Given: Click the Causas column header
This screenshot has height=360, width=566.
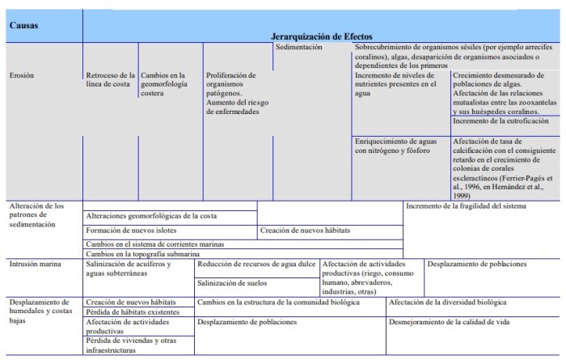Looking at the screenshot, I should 23,24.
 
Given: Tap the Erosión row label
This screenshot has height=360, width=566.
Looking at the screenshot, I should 22,75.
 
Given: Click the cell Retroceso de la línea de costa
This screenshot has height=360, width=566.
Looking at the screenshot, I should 109,80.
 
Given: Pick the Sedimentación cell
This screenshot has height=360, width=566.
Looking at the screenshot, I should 299,48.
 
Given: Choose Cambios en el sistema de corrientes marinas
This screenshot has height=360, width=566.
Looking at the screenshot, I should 154,244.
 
